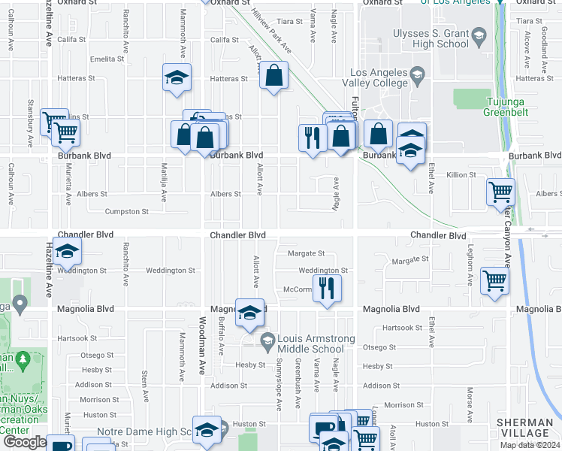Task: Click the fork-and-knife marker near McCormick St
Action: point(327,289)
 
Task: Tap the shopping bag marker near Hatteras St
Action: point(274,75)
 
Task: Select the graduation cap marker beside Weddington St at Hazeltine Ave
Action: point(67,252)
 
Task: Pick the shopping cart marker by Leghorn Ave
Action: point(494,283)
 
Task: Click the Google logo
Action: point(25,442)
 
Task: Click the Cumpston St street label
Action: point(126,211)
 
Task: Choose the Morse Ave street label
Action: point(470,404)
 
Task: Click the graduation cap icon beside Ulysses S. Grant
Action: point(478,35)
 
